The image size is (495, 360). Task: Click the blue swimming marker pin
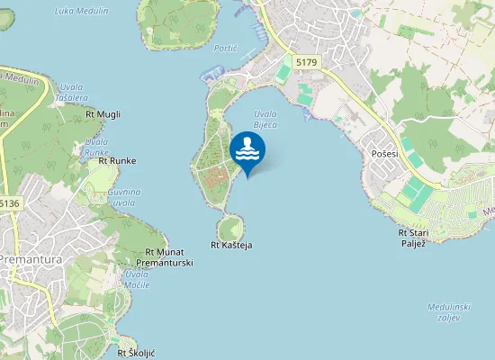tap(247, 151)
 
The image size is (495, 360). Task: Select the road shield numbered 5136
tap(8, 203)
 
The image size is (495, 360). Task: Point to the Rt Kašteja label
tap(231, 245)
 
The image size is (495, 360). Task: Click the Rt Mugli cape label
tap(103, 114)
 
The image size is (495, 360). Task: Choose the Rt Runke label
tap(117, 160)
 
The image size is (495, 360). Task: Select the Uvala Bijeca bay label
tap(265, 120)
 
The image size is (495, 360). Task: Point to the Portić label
tap(225, 48)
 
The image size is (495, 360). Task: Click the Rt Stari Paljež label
tap(413, 238)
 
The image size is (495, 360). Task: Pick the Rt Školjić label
tap(137, 353)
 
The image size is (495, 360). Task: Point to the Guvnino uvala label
tap(124, 197)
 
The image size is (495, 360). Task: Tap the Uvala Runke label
tap(96, 147)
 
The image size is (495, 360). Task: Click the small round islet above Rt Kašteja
tap(230, 226)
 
